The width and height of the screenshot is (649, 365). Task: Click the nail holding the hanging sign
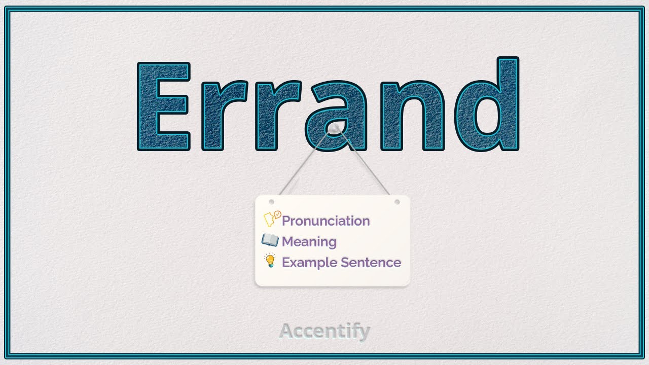335,129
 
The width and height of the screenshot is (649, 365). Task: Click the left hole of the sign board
271,202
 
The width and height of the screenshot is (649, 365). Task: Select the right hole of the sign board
397,202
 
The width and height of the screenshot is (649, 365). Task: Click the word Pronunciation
326,221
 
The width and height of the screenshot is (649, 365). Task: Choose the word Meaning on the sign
309,242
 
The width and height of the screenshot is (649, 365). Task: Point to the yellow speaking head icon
272,219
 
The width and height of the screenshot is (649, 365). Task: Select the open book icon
270,240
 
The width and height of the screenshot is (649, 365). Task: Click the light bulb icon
270,261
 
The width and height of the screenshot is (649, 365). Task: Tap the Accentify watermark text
324,332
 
